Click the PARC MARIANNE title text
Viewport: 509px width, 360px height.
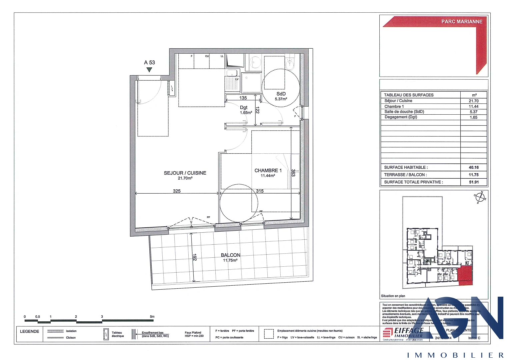tap(462, 22)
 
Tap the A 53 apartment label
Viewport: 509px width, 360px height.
tap(149, 63)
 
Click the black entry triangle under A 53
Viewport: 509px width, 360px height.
tap(149, 70)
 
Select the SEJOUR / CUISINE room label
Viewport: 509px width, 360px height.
tap(185, 173)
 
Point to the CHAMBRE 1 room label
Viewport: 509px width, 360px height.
tap(268, 171)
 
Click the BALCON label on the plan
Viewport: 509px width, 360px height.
tap(230, 255)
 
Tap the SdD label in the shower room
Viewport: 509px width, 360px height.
tap(281, 94)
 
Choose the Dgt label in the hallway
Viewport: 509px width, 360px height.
tap(244, 108)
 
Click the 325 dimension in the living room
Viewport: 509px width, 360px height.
tap(177, 191)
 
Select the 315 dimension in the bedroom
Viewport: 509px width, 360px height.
tap(260, 191)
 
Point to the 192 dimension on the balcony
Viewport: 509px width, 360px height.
tap(195, 257)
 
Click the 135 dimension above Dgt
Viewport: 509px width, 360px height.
tap(243, 98)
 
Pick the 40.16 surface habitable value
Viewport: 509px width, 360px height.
tap(474, 168)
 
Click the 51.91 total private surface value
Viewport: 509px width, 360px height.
tap(474, 182)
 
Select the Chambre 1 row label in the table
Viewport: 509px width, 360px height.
tap(394, 107)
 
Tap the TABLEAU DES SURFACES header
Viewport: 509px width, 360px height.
tap(409, 95)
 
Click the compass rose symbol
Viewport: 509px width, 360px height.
tap(480, 197)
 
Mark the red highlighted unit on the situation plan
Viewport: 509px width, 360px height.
tap(465, 275)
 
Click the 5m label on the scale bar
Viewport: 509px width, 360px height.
tap(152, 317)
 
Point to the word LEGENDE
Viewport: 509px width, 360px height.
tap(29, 332)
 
